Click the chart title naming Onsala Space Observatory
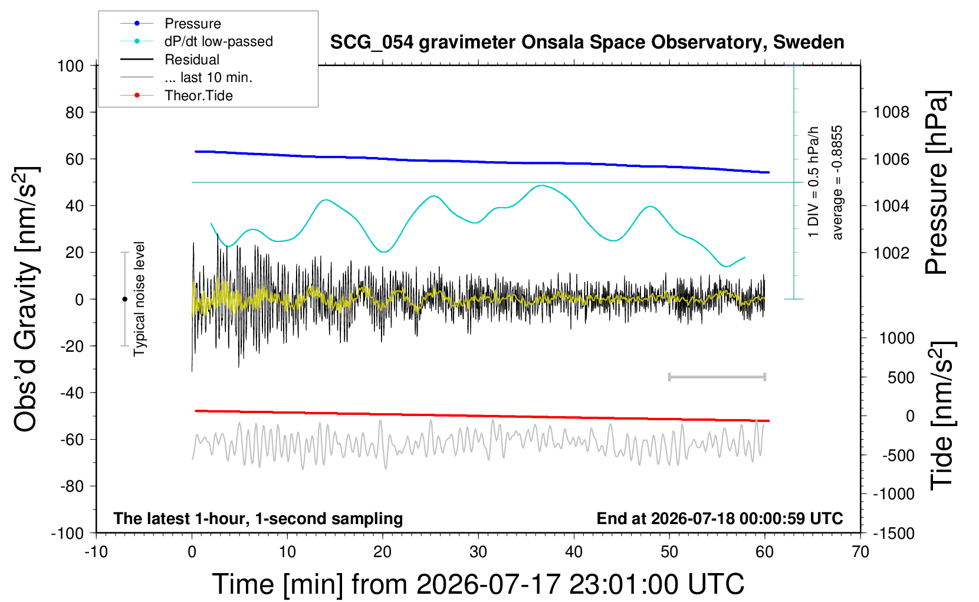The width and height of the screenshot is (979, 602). click(x=587, y=42)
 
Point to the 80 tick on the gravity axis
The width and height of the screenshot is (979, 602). click(x=74, y=113)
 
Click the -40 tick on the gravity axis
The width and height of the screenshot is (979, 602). click(x=72, y=392)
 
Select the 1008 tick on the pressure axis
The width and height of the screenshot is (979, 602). click(x=891, y=113)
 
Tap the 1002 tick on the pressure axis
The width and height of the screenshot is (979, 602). click(x=891, y=253)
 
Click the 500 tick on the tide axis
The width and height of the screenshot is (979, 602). click(x=901, y=377)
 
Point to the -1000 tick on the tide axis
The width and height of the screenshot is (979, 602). click(x=893, y=494)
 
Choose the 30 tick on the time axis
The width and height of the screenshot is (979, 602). click(x=478, y=552)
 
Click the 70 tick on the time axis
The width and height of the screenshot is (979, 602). click(x=860, y=552)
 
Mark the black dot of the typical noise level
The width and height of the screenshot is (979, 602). click(x=124, y=299)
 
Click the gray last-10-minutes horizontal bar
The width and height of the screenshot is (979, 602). click(x=717, y=377)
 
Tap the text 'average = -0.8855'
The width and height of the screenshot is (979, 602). click(x=837, y=182)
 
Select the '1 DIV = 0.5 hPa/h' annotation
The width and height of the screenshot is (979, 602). click(x=813, y=182)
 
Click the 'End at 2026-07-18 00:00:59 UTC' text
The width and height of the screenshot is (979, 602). click(x=720, y=518)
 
